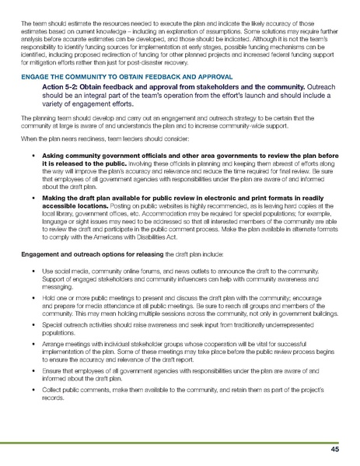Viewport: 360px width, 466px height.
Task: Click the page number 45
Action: coord(334,450)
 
